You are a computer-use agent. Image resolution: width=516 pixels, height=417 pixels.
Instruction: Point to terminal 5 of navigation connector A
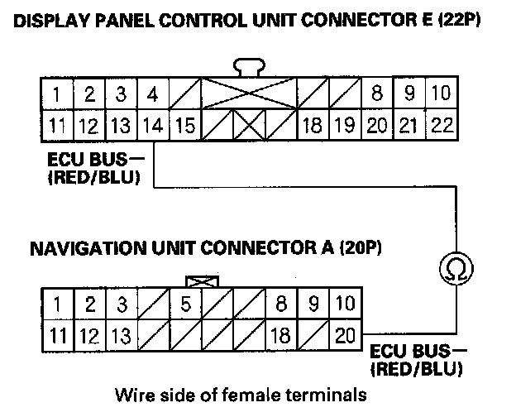(185, 304)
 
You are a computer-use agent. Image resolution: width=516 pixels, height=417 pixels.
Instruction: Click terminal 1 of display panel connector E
(55, 93)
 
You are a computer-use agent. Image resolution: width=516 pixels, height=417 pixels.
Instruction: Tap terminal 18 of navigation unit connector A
(280, 335)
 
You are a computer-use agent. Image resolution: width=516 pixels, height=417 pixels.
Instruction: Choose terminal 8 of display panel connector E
(377, 93)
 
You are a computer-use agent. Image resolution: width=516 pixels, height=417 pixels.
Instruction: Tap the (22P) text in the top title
(456, 19)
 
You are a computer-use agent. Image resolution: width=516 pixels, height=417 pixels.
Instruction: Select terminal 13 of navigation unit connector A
(120, 335)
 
